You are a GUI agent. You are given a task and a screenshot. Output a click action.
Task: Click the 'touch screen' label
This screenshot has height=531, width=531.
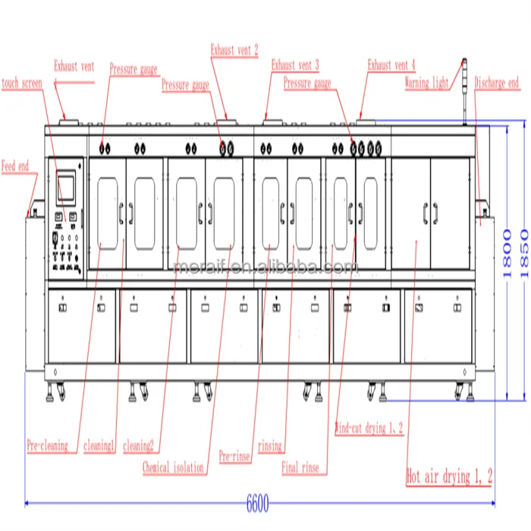(x=21, y=83)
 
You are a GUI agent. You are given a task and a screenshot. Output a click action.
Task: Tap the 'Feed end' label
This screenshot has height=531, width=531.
(x=14, y=165)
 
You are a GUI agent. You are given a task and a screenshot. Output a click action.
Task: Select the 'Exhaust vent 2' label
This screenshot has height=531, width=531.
(x=234, y=51)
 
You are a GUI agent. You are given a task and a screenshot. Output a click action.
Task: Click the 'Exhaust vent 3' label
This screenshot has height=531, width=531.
(x=295, y=65)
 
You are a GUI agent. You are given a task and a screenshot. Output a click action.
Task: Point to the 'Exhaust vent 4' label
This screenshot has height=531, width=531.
(x=391, y=65)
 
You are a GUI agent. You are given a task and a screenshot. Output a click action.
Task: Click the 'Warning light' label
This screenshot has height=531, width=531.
(x=426, y=83)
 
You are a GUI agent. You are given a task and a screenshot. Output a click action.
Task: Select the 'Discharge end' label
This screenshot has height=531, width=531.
(x=497, y=83)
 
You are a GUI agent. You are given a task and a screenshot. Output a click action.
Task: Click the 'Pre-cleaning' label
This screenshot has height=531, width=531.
(x=47, y=446)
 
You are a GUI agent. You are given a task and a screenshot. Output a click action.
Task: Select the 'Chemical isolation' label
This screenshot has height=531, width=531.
(x=173, y=468)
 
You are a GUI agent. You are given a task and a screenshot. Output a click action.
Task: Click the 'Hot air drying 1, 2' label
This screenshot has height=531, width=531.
(x=450, y=476)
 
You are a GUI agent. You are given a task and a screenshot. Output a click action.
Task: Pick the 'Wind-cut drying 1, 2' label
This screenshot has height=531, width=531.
(x=369, y=429)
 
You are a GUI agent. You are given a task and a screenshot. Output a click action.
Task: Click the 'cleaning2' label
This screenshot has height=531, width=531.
(x=138, y=446)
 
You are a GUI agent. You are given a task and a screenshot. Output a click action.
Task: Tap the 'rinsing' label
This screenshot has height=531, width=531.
(x=270, y=446)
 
